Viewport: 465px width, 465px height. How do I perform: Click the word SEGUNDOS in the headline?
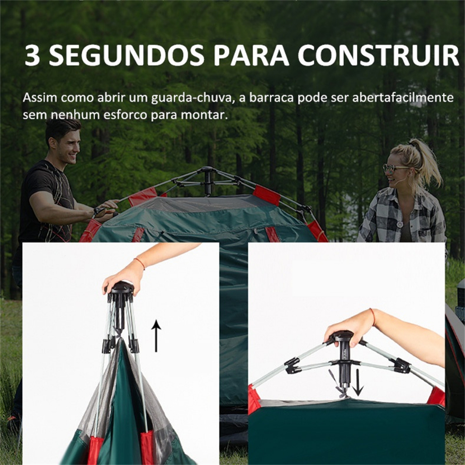click(126, 55)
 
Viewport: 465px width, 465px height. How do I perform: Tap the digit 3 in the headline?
click(32, 55)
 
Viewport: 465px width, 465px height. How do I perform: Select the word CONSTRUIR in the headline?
click(378, 55)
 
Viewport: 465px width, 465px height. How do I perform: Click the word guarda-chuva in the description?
click(191, 98)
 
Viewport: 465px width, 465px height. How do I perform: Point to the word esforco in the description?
click(125, 115)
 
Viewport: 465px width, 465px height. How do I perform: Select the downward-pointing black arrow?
click(358, 382)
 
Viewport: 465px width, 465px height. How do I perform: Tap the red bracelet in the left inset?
click(140, 263)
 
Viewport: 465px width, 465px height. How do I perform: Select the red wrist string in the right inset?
click(373, 317)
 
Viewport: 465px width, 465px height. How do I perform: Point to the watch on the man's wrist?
click(99, 211)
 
